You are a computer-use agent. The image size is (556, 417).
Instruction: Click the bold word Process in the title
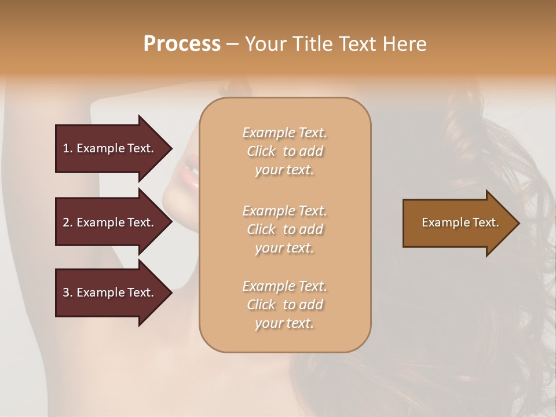182,44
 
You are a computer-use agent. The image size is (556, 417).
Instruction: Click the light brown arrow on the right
460,223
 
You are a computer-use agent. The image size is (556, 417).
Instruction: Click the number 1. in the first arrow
68,148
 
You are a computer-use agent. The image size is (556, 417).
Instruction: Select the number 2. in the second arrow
68,222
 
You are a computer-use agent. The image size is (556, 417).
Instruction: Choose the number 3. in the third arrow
68,292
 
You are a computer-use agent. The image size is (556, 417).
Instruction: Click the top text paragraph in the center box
284,151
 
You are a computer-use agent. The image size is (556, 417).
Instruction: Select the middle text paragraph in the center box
284,229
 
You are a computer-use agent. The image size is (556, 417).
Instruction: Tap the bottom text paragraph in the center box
284,305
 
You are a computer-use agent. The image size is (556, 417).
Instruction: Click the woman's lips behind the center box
190,171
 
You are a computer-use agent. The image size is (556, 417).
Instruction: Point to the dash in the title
233,44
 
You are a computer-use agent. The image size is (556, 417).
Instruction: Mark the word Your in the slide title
265,44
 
